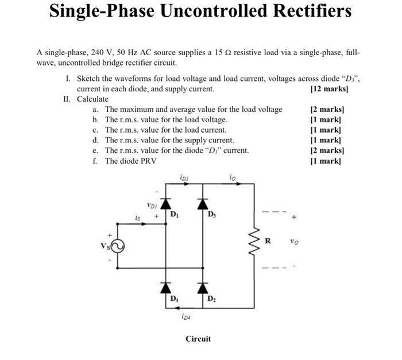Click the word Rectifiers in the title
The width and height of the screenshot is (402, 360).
[x=304, y=11]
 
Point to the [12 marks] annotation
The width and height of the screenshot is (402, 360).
[x=329, y=89]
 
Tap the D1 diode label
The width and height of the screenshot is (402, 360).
[x=174, y=215]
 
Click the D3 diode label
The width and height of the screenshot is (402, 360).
[x=212, y=215]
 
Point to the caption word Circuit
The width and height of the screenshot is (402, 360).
[x=198, y=339]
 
